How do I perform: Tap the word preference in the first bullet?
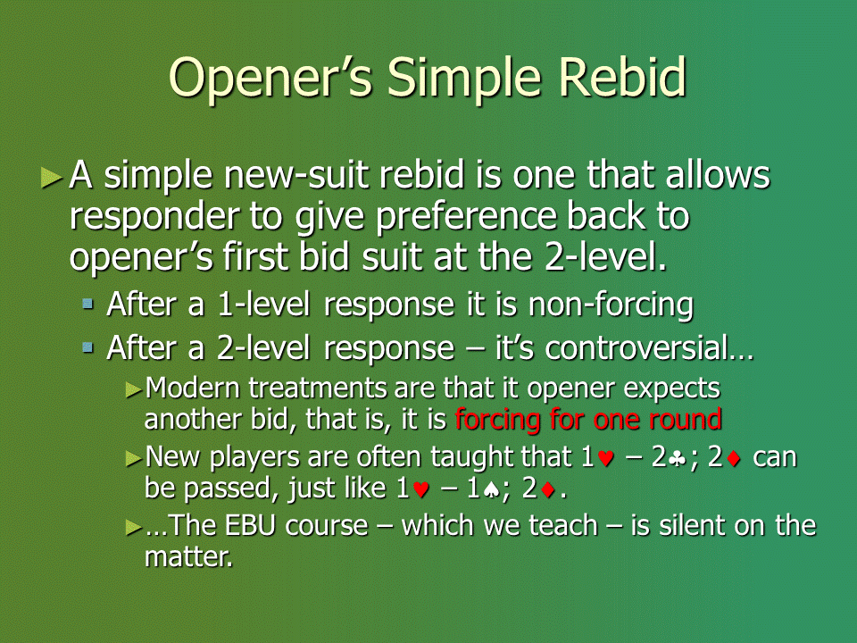pos(466,216)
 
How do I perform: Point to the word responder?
pos(154,216)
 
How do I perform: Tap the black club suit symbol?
pos(678,459)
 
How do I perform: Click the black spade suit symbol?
pos(492,490)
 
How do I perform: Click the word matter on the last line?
pos(188,556)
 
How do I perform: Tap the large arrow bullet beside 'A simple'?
pos(52,178)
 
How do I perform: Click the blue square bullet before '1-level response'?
pos(87,304)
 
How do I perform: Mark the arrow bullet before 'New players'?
pos(134,458)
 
